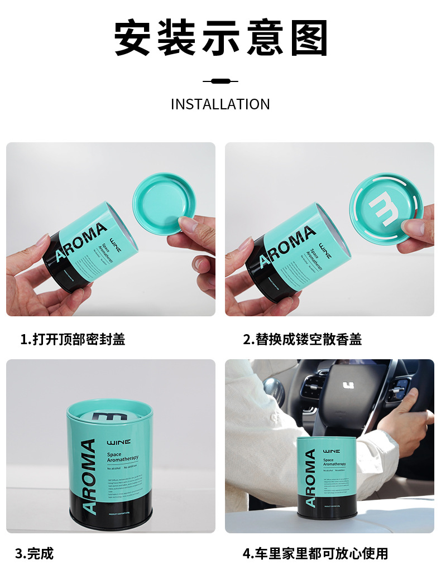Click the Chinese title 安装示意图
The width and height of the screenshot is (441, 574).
220,38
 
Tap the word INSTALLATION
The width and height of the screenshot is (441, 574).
220,104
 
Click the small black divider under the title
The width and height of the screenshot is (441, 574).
220,81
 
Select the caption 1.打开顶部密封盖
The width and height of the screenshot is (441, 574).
73,339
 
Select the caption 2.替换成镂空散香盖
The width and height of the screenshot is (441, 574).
302,339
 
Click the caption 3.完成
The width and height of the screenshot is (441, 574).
34,553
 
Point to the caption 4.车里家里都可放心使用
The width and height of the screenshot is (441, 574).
315,553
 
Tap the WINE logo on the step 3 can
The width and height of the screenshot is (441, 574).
118,442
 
